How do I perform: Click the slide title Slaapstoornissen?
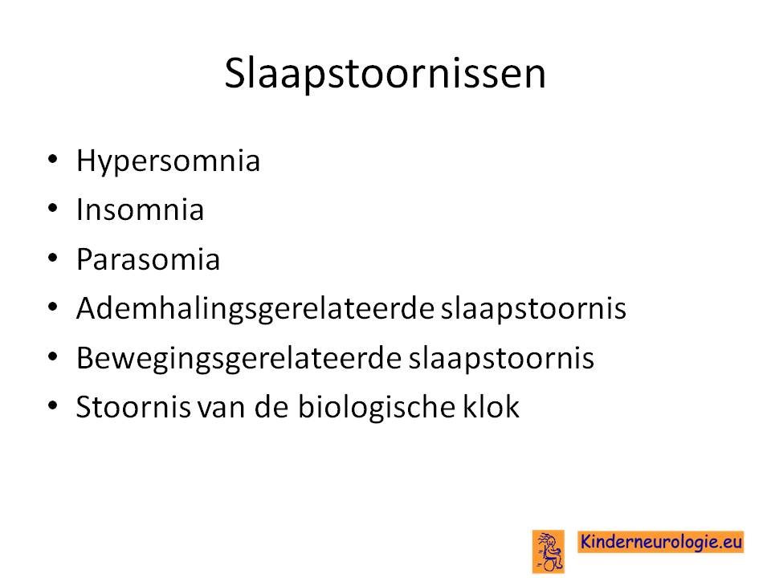(x=385, y=74)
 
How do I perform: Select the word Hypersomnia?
(x=168, y=161)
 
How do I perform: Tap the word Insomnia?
(x=140, y=210)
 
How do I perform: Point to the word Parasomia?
(x=148, y=258)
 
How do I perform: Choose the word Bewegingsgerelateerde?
(x=239, y=359)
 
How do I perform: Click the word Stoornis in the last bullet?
(x=133, y=407)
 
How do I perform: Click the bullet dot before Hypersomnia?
(x=53, y=159)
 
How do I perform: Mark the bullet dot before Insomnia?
(x=53, y=209)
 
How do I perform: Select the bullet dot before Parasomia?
(x=53, y=258)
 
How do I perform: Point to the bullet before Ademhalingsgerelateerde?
(x=53, y=307)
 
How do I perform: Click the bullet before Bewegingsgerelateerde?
(x=53, y=356)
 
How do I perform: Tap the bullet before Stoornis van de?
(x=53, y=405)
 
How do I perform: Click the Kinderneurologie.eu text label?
(x=660, y=542)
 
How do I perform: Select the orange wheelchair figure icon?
(x=549, y=552)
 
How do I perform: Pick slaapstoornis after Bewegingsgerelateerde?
(x=501, y=359)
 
